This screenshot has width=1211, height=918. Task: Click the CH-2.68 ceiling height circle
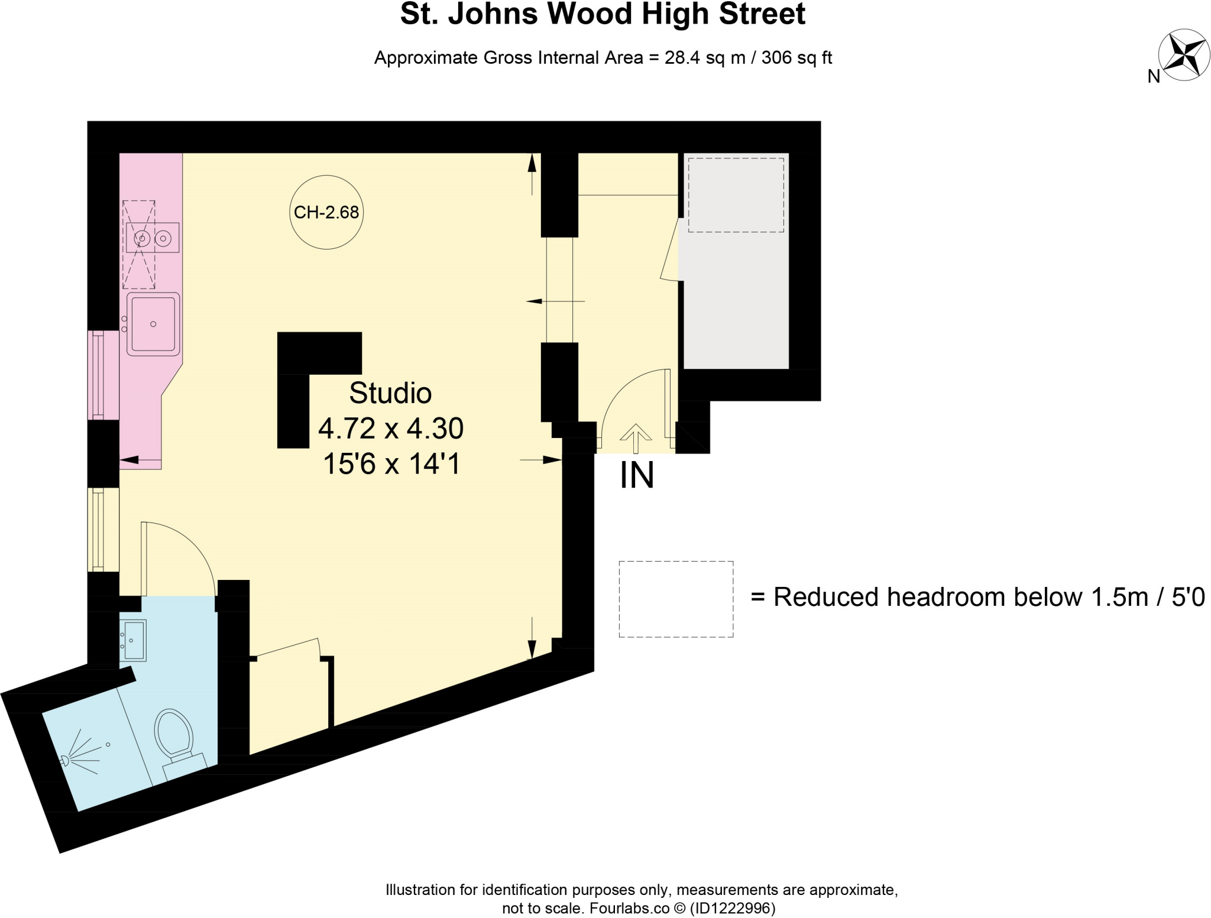point(326,212)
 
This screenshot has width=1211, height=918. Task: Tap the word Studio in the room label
point(390,393)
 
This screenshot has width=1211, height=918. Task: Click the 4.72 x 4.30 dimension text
point(391,429)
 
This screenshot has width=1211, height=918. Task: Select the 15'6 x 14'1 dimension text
point(391,464)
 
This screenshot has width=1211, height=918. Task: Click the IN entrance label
point(637,475)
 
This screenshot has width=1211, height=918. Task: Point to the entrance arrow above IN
point(636,437)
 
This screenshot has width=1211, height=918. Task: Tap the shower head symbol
point(66,761)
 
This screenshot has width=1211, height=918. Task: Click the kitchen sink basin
point(153,324)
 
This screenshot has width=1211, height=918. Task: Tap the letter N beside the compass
point(1154,77)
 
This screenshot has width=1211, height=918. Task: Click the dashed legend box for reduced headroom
point(676,599)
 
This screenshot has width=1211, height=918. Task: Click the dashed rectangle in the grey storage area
point(736,195)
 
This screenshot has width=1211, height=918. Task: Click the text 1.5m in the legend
point(1110,597)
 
